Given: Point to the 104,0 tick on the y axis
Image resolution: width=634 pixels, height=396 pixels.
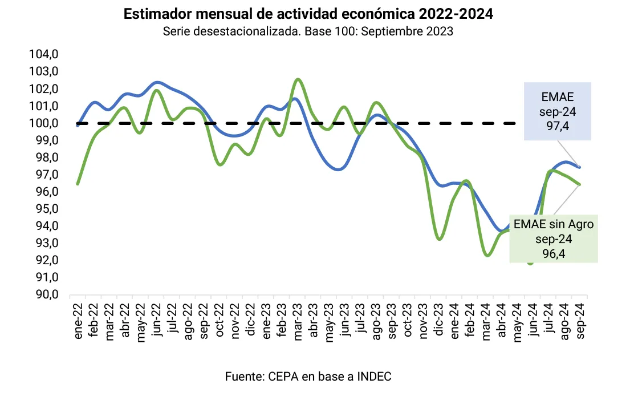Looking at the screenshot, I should pyautogui.click(x=47, y=55).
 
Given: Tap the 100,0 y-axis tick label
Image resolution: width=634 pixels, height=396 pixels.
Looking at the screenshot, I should pyautogui.click(x=47, y=123).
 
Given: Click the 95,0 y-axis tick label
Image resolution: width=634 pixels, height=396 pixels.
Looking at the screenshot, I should pyautogui.click(x=47, y=209).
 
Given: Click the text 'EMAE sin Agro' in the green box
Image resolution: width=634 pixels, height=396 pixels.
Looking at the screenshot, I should pyautogui.click(x=554, y=224).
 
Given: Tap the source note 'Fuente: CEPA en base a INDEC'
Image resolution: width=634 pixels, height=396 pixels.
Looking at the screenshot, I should pyautogui.click(x=308, y=377).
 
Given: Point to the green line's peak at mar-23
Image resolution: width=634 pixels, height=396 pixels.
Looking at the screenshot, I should pyautogui.click(x=298, y=79).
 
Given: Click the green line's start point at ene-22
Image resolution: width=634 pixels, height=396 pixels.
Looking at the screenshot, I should pyautogui.click(x=78, y=184).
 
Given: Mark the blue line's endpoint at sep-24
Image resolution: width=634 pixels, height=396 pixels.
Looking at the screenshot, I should pyautogui.click(x=580, y=167).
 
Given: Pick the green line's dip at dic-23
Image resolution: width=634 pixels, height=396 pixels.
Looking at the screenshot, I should pyautogui.click(x=439, y=239).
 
